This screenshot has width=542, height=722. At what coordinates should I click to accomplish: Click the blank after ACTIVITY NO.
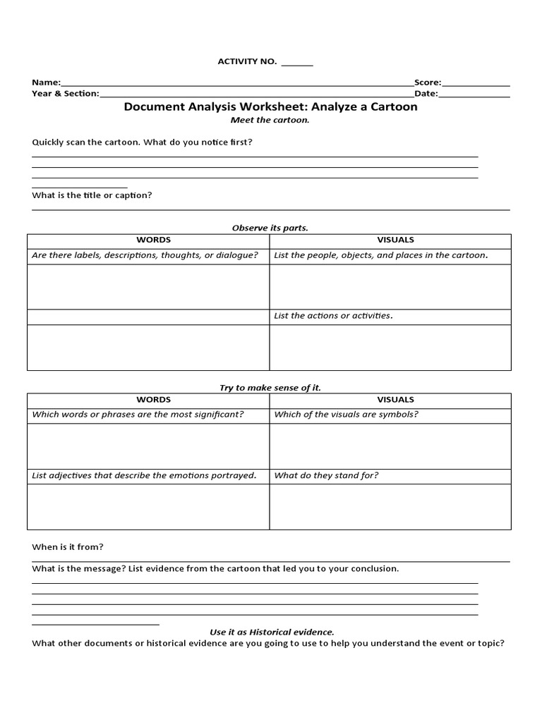(x=297, y=63)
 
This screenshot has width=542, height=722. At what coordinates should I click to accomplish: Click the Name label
(x=46, y=82)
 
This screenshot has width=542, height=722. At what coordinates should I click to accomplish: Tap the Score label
(x=428, y=82)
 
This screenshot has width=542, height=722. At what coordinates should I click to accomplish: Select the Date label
(x=426, y=93)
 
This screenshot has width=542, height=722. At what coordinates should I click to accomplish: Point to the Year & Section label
(x=66, y=93)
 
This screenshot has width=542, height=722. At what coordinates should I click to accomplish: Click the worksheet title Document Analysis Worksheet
(x=270, y=107)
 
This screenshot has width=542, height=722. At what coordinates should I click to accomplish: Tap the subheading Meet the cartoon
(x=270, y=120)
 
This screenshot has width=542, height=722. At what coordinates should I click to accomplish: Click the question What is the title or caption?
(x=92, y=195)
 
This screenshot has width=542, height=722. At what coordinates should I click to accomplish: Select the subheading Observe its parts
(x=270, y=228)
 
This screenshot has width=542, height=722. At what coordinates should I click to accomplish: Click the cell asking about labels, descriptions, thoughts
(x=145, y=255)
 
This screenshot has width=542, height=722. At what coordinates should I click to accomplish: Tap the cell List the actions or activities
(x=333, y=315)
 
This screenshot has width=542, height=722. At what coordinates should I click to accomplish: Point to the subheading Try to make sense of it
(x=270, y=388)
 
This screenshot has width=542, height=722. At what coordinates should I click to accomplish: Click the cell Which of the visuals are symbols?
(x=346, y=414)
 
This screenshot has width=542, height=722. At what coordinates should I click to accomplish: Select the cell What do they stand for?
(x=326, y=475)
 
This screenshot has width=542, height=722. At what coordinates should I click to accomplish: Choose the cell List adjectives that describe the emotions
(x=144, y=475)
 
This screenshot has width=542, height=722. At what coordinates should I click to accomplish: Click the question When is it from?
(x=68, y=546)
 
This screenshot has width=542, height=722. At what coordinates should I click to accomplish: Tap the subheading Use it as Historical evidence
(x=272, y=632)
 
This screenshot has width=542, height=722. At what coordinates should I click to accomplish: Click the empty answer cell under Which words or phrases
(x=148, y=446)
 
